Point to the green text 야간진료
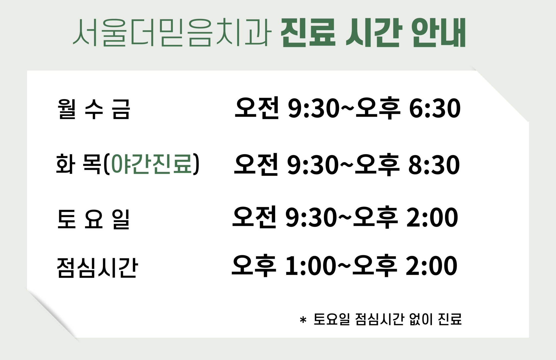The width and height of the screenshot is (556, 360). click(x=152, y=164)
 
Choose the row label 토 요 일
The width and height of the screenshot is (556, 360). click(x=94, y=219)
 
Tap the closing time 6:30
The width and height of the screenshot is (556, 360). click(x=435, y=108)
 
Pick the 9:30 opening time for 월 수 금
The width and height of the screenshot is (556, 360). click(x=314, y=108)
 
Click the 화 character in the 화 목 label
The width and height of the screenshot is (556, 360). click(x=65, y=164)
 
